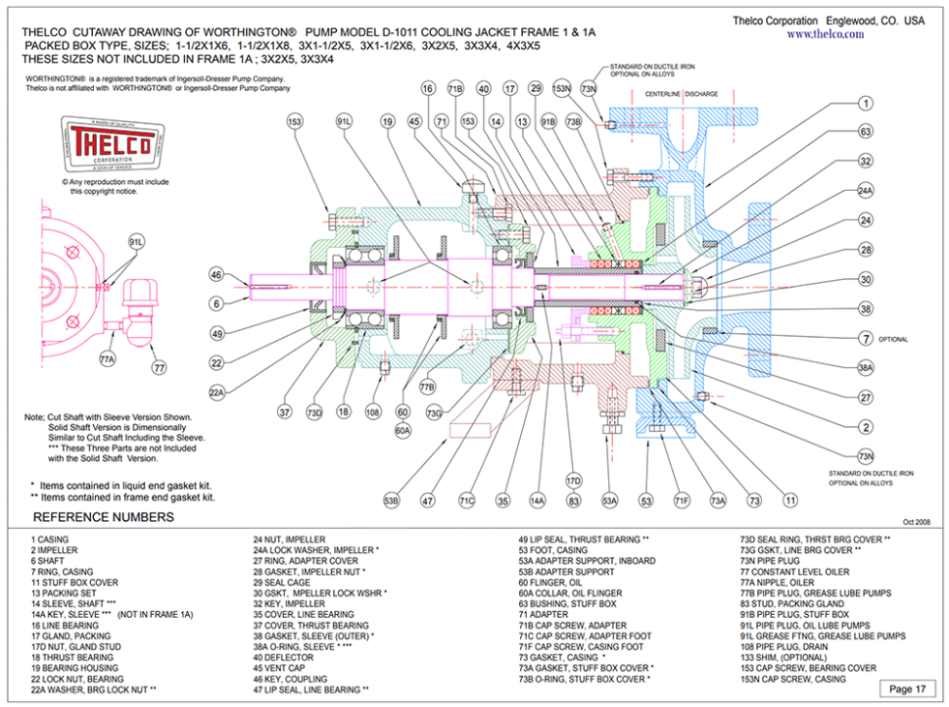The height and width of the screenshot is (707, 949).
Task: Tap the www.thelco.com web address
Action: point(825,34)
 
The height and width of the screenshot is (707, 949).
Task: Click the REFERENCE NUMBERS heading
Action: point(104,517)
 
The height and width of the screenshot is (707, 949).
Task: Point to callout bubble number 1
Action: point(866,104)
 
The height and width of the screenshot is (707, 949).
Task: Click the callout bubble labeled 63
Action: point(866,132)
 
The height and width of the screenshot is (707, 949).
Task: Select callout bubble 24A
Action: point(866,192)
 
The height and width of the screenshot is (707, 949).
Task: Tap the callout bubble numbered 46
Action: point(217,275)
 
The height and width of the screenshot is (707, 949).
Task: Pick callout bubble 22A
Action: point(217,392)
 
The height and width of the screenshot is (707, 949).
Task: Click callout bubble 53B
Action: point(391,501)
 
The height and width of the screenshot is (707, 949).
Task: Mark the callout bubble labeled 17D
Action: point(573,480)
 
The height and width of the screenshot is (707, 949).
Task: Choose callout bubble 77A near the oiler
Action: point(107,359)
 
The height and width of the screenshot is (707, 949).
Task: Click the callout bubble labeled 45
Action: point(414,122)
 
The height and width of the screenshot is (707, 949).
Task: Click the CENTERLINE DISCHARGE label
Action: point(682,94)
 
